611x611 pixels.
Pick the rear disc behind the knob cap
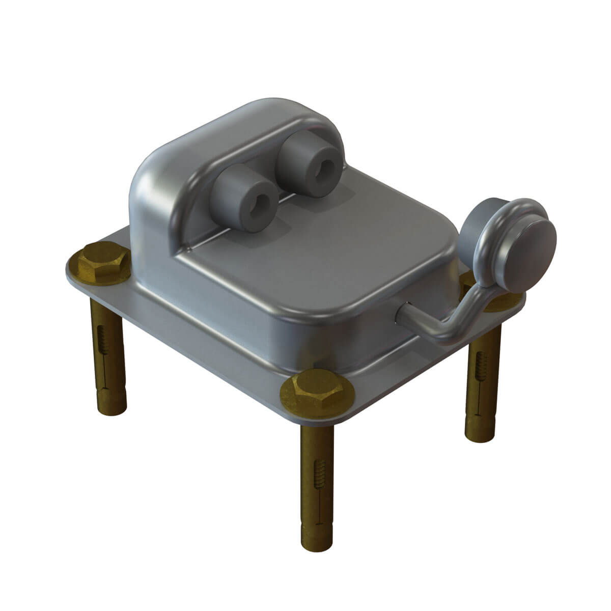tap(484, 224)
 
